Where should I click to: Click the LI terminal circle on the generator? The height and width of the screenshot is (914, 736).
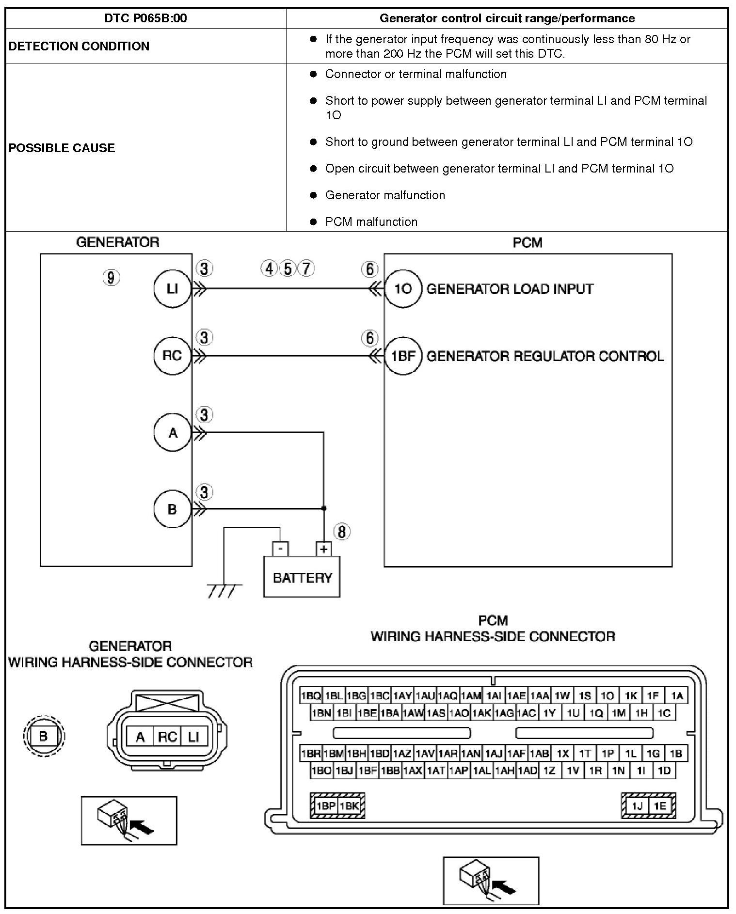click(172, 289)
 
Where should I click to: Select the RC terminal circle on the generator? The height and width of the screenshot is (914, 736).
click(172, 356)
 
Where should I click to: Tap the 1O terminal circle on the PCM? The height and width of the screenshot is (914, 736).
click(403, 289)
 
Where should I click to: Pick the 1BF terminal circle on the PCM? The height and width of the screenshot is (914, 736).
click(403, 356)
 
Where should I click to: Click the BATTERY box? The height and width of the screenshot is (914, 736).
click(302, 577)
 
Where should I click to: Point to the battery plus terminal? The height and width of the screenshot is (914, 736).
click(323, 549)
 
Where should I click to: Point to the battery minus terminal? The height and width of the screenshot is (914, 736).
click(280, 549)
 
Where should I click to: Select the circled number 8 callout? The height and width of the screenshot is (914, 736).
click(342, 532)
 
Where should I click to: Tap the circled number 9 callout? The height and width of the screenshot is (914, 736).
click(111, 278)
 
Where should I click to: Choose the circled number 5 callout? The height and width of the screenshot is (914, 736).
click(288, 268)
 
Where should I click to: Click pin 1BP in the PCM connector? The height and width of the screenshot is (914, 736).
click(325, 806)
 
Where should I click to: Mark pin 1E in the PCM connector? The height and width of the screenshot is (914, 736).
click(659, 806)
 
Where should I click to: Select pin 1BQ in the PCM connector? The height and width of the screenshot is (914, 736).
click(311, 696)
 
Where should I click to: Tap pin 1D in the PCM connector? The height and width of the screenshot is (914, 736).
click(664, 770)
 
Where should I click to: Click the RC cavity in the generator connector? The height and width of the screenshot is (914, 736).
click(167, 737)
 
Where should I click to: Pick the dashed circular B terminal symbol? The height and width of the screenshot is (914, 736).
click(44, 736)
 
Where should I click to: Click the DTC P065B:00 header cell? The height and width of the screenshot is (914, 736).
click(145, 18)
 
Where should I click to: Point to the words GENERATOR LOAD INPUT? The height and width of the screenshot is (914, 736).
click(510, 289)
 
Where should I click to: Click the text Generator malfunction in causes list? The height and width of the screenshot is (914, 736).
click(385, 195)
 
